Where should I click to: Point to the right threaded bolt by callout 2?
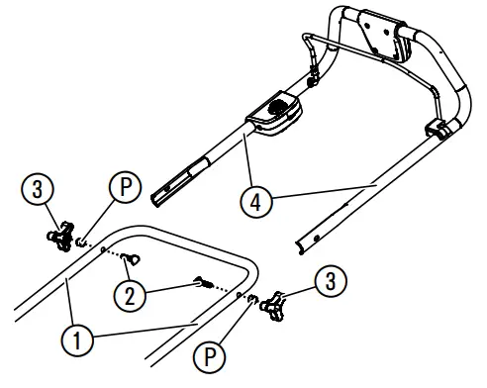tap(207, 283)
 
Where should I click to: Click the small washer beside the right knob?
tap(253, 299)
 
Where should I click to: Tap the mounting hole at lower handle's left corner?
tap(103, 250)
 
